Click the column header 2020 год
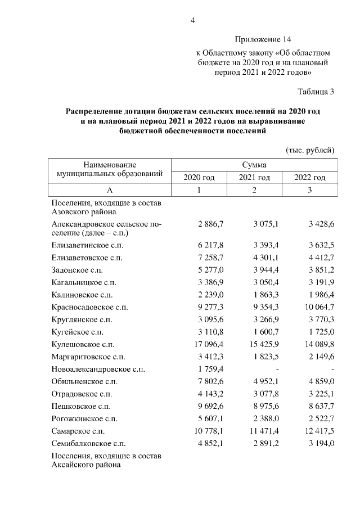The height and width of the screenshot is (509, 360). click(x=199, y=178)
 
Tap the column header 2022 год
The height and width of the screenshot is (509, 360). click(x=310, y=178)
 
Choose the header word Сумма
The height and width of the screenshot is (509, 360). click(x=254, y=165)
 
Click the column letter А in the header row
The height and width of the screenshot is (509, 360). click(x=110, y=191)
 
